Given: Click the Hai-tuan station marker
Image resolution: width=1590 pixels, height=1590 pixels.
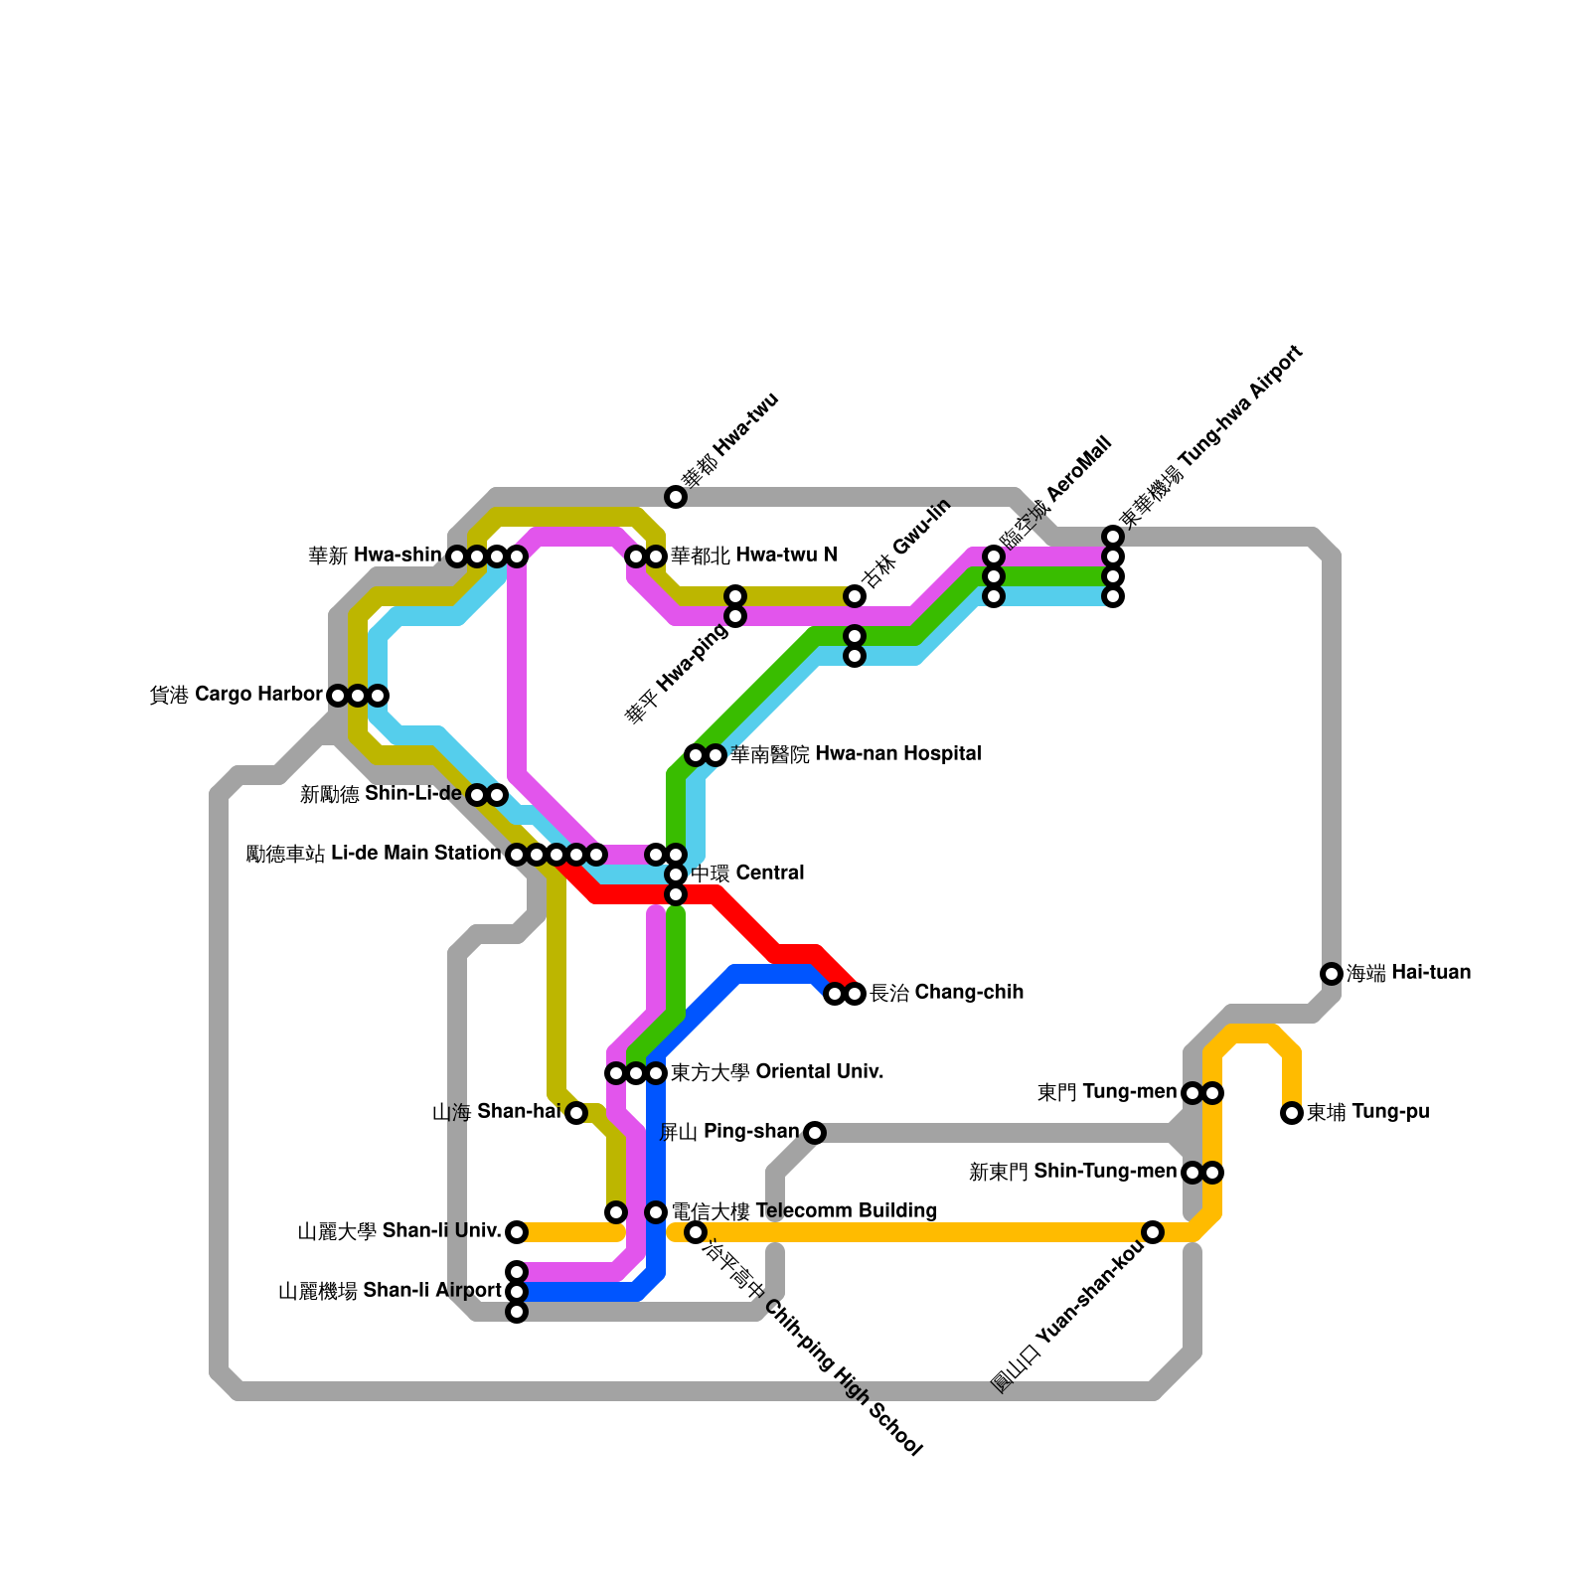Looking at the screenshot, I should pos(1332,974).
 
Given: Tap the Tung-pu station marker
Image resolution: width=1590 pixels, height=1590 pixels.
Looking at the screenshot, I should pos(1292,1113).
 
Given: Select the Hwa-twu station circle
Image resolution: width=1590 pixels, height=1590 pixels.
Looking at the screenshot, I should pos(676,497).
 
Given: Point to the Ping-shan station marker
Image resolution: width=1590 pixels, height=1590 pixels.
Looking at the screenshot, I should pos(815,1133).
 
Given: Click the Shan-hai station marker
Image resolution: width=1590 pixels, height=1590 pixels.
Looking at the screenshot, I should pos(576,1113).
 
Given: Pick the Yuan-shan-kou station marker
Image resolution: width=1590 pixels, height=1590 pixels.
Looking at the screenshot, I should pos(1153,1232).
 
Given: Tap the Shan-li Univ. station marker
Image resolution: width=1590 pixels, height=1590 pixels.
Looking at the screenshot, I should pos(517,1232).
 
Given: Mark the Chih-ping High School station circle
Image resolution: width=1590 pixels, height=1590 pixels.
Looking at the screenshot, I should pos(696,1232).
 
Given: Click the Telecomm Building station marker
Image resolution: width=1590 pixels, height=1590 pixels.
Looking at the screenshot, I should pos(656,1212).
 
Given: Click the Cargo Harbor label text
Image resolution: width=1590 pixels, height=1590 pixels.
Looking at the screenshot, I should pos(237,695).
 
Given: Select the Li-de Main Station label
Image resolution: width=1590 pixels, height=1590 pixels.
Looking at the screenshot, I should pos(374,854).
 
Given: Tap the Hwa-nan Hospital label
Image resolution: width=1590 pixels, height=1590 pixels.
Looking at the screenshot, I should pos(856,754).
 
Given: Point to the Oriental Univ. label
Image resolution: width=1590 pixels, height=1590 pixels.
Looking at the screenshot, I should pos(777,1072).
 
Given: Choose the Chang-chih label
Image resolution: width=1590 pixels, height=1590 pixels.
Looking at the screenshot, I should pos(946,993).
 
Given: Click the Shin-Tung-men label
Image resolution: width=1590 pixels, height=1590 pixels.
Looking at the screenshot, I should pos(1072,1172).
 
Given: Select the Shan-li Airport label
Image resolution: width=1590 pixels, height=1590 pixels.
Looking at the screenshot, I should pos(390,1292).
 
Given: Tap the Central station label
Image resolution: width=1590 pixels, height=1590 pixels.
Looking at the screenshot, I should pos(747,874).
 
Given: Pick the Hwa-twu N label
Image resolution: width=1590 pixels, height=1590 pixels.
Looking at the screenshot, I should pos(753,556).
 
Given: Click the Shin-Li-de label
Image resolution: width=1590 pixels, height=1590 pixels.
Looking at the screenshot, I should pos(381,794).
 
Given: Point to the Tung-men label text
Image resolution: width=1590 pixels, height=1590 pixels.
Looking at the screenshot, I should pos(1107,1092).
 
